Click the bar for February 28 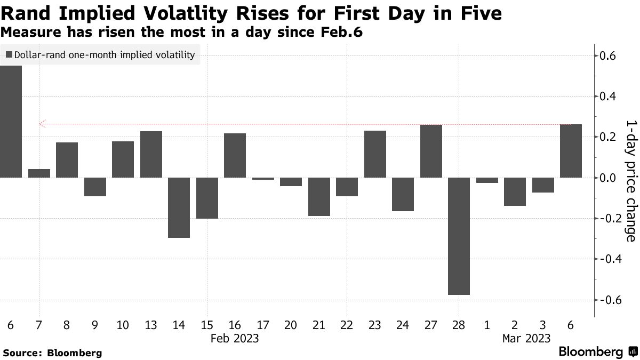click(459, 236)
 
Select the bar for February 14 click(179, 207)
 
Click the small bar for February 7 click(39, 173)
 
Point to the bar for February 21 click(319, 197)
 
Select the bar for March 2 click(515, 191)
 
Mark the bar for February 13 click(151, 154)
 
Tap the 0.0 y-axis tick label click(610, 178)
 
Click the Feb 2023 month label click(235, 338)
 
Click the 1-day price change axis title click(630, 180)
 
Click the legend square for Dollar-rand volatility click(9, 54)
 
